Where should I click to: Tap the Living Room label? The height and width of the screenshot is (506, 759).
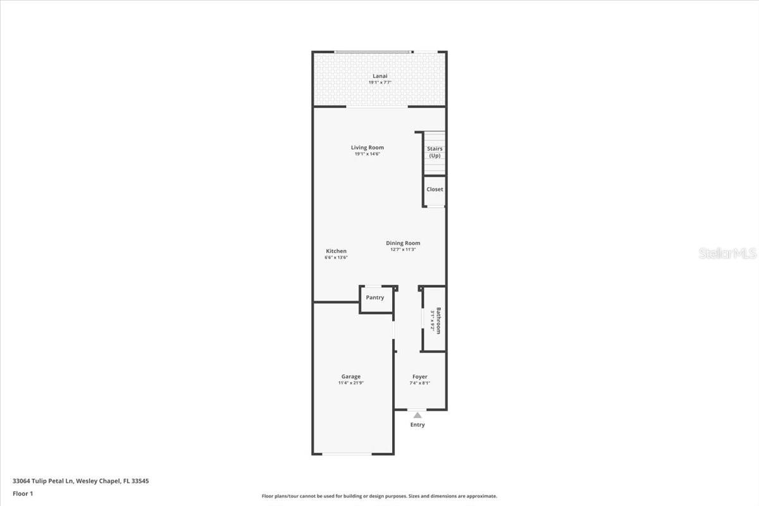(x=367, y=148)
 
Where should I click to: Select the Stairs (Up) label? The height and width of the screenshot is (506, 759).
(x=435, y=152)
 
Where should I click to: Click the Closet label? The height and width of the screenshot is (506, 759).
(x=435, y=189)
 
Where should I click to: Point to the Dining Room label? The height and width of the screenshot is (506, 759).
(x=403, y=243)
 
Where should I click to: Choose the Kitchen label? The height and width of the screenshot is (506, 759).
(x=336, y=251)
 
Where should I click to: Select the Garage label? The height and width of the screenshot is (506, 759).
(x=351, y=376)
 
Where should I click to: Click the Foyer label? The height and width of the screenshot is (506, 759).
(x=420, y=376)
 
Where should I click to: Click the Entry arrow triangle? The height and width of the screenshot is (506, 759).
(x=417, y=416)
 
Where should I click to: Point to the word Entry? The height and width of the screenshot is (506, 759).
(x=417, y=425)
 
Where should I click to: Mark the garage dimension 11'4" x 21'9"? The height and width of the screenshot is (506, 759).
(x=351, y=383)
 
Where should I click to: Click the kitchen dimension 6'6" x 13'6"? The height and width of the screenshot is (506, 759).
(x=336, y=257)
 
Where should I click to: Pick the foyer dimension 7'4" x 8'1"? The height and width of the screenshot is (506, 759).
(x=420, y=383)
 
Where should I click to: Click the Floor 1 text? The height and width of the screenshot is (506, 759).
(x=23, y=493)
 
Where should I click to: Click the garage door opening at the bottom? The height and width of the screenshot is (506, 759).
(x=352, y=454)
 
